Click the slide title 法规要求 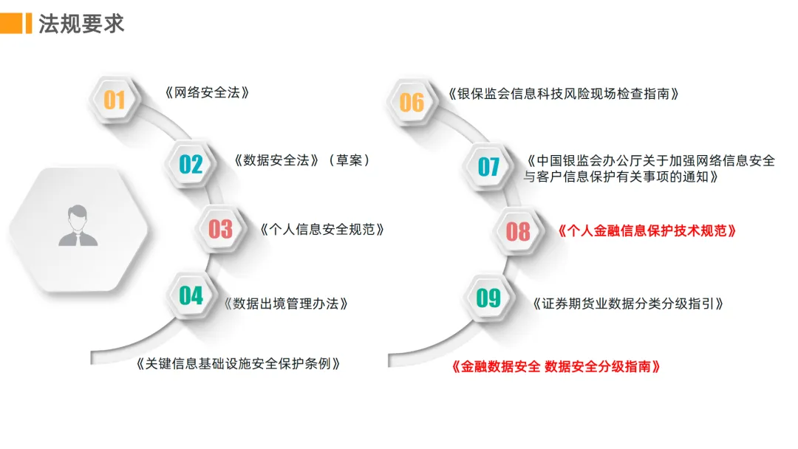point(81,23)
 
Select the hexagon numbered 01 point(115,99)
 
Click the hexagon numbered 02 point(191,163)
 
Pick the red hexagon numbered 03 point(220,230)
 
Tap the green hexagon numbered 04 point(191,295)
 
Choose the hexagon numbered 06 point(412,102)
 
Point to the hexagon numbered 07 point(488,167)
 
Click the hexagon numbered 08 point(518,231)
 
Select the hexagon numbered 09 point(488,298)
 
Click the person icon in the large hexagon point(78,226)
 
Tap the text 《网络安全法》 point(206,93)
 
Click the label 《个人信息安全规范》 point(322,229)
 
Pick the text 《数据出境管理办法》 point(286,303)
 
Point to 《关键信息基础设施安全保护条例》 point(239,363)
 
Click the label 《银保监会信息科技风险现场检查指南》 point(563,94)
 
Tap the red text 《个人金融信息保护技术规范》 point(647,230)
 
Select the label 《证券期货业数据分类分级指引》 point(627,303)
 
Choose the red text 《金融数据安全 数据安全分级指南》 point(555,366)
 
